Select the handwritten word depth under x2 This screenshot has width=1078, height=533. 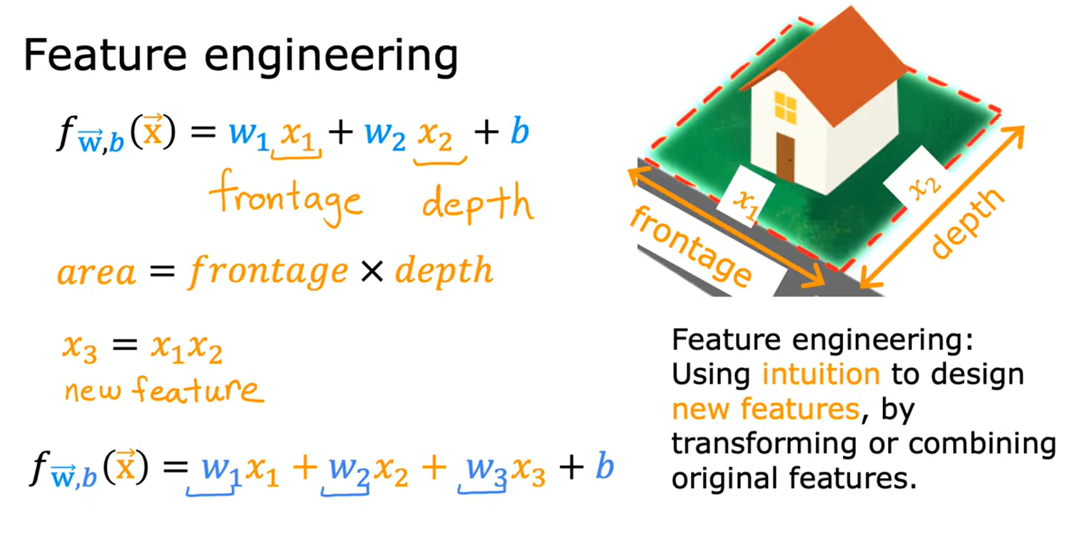point(477,203)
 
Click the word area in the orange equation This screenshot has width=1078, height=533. point(96,272)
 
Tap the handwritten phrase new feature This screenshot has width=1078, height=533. point(164,389)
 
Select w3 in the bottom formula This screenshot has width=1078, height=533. point(484,469)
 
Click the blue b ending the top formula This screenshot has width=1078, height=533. point(519,134)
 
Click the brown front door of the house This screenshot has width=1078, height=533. point(785,156)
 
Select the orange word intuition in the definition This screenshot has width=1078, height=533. point(821,373)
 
